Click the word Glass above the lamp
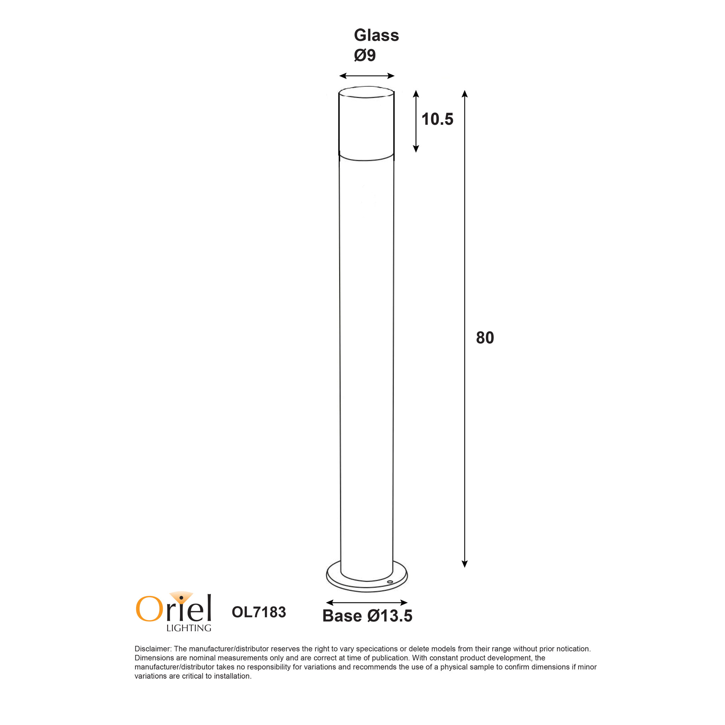point(376,35)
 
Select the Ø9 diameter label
point(365,55)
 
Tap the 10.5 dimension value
point(437,119)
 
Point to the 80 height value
point(485,338)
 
